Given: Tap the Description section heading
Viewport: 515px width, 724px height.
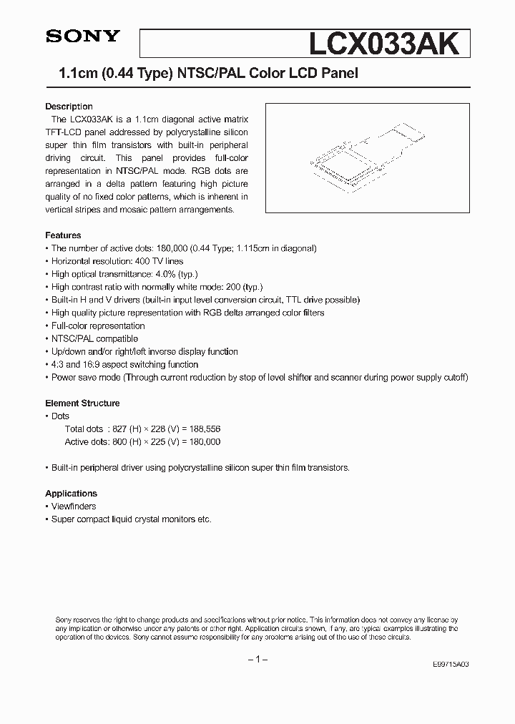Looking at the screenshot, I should [x=69, y=107].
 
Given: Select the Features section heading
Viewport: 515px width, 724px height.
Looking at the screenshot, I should [x=63, y=235].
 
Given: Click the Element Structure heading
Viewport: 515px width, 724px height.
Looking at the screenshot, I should [x=82, y=403].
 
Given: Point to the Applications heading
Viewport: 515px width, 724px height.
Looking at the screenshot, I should [x=71, y=494].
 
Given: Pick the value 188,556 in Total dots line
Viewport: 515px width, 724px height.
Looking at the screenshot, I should [x=205, y=429].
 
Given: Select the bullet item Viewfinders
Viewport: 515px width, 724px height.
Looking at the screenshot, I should [x=73, y=507].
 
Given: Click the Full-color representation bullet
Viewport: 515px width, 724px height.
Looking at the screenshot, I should [x=98, y=326].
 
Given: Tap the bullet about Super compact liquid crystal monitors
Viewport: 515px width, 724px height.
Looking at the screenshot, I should [x=131, y=519].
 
